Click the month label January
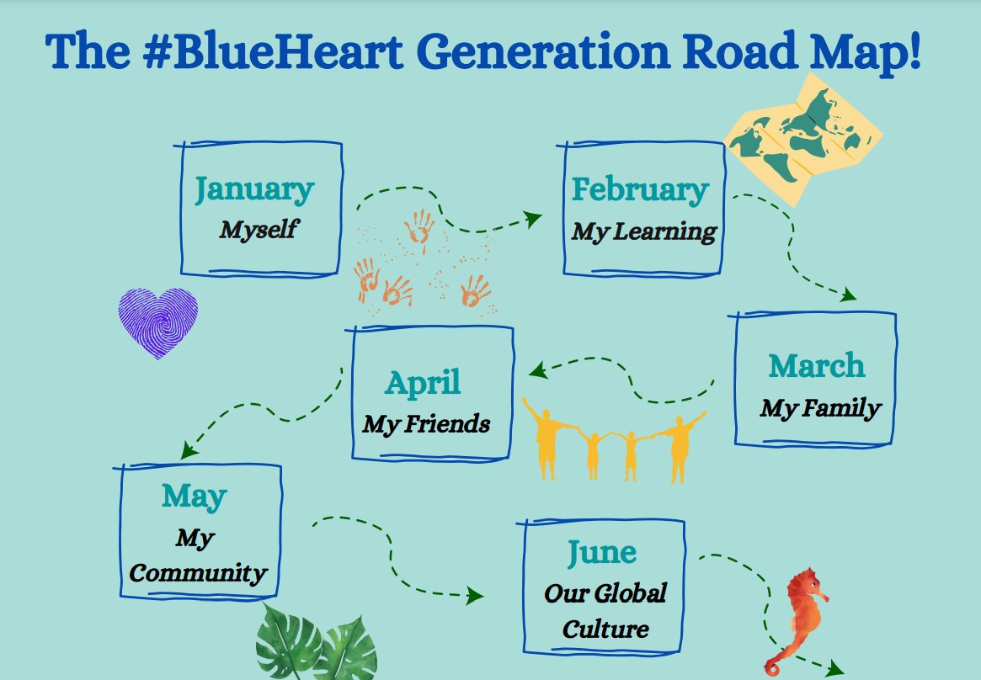point(254,189)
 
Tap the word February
point(640,189)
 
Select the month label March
point(816,366)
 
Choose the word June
point(601,552)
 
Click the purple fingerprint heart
point(157,322)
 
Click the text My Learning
point(644,231)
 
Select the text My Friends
point(426,423)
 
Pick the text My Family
point(820,408)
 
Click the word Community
point(199,574)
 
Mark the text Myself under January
point(259,229)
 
